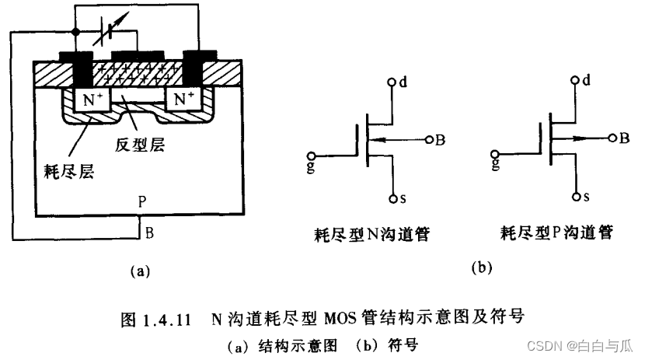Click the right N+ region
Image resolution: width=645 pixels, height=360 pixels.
[183, 99]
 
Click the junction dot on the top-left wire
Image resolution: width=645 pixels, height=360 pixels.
[75, 31]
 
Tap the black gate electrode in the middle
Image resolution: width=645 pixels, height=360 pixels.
[138, 55]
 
